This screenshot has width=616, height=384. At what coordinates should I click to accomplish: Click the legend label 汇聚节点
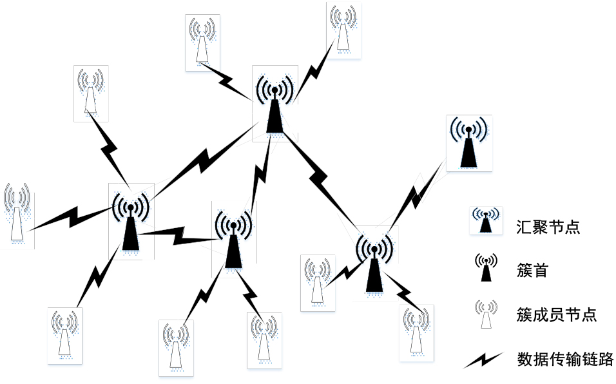548,227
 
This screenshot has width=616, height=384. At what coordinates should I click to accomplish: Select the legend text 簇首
532,271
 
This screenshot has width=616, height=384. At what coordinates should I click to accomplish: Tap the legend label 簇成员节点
557,314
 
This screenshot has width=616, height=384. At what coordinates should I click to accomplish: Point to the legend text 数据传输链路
565,359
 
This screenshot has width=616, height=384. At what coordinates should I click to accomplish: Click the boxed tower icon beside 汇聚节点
486,220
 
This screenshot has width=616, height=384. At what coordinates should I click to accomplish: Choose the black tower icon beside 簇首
486,267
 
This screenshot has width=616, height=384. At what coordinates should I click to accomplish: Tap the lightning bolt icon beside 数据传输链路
483,360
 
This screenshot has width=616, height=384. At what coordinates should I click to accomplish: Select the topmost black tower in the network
274,104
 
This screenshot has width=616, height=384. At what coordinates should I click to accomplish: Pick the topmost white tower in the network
343,28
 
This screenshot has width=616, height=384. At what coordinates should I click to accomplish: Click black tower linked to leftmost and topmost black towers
233,240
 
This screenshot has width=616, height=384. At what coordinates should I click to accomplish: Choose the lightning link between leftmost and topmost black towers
204,160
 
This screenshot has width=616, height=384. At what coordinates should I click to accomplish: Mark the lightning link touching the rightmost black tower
417,195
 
